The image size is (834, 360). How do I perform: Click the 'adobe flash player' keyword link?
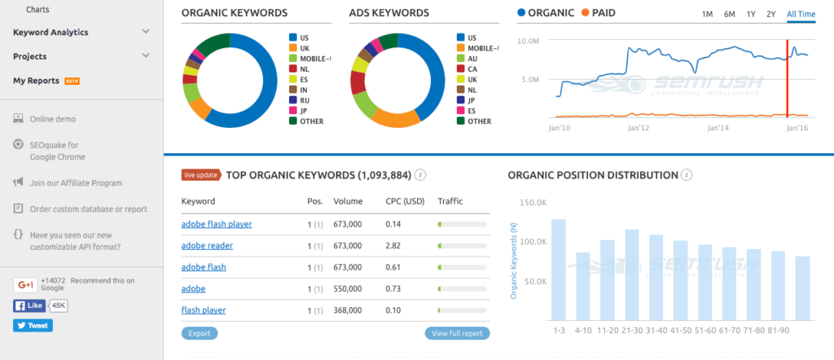(217, 223)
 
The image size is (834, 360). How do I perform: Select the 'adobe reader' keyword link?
(207, 245)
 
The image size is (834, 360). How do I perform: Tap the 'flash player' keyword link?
(204, 310)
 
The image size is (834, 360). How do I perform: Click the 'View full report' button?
(457, 333)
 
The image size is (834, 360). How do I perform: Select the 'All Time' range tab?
(801, 14)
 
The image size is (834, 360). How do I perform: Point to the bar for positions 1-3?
(558, 269)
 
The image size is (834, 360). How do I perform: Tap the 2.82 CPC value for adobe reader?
(394, 245)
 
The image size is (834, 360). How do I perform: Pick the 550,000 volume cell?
(349, 288)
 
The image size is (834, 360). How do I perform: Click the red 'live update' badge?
(200, 174)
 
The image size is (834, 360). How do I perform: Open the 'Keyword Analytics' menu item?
(50, 33)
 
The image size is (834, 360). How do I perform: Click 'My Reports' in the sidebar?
(36, 81)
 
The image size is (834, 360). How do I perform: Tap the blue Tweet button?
(33, 326)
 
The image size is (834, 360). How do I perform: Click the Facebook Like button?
(30, 306)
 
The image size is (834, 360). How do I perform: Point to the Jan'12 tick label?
(639, 128)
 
